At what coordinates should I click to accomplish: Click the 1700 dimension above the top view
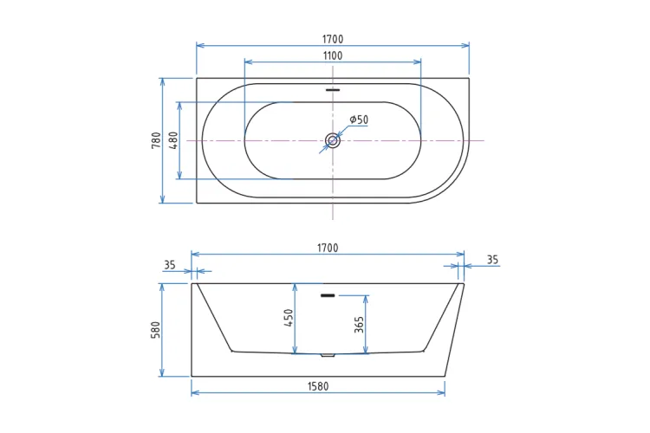[x=333, y=39]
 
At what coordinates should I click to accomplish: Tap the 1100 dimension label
[x=333, y=55]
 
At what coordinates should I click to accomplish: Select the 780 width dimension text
[x=156, y=140]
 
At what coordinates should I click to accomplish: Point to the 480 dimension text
[x=173, y=140]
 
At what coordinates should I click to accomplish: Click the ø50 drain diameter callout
[x=359, y=120]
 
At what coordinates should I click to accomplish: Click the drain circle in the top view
[x=333, y=140]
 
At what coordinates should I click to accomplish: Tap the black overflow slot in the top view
[x=333, y=89]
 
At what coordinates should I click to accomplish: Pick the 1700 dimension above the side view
[x=328, y=248]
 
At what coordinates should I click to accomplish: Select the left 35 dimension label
[x=170, y=265]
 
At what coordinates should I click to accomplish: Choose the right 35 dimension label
[x=492, y=260]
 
